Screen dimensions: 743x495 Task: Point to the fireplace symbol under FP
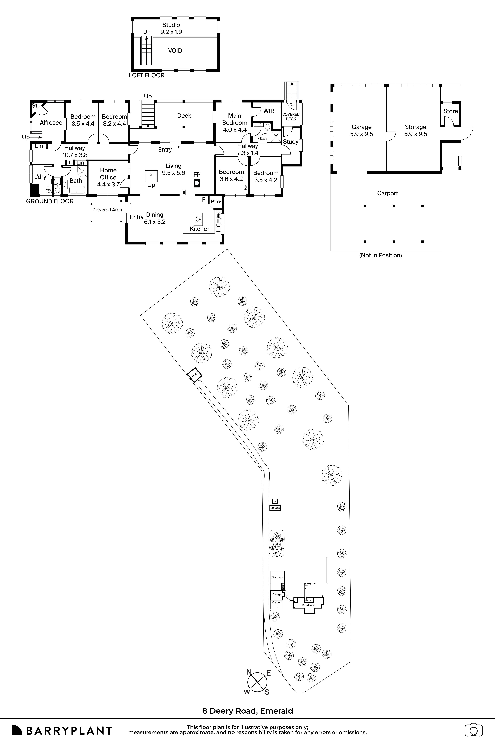(x=197, y=183)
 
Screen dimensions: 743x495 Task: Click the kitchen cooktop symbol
(x=198, y=219)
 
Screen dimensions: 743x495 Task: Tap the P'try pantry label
(x=216, y=202)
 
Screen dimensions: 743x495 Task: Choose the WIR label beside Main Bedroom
(x=269, y=111)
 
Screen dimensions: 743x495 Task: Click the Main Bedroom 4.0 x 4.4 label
(x=235, y=123)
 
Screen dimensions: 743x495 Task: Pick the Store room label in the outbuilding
(x=450, y=111)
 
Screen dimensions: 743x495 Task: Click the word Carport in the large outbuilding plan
(x=387, y=193)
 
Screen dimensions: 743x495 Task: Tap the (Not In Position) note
(x=380, y=255)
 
